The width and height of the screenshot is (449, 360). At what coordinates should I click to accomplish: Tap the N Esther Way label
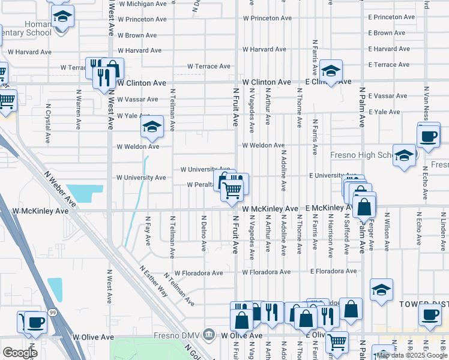(154, 280)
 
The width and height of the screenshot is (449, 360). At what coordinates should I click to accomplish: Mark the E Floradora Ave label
(334, 272)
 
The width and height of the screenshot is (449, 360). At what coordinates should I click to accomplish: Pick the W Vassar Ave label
(137, 99)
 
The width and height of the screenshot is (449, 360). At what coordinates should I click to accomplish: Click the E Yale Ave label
(384, 112)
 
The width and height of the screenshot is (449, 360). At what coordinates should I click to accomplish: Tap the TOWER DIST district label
(423, 304)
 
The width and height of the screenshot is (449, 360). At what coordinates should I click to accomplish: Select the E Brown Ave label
(388, 33)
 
